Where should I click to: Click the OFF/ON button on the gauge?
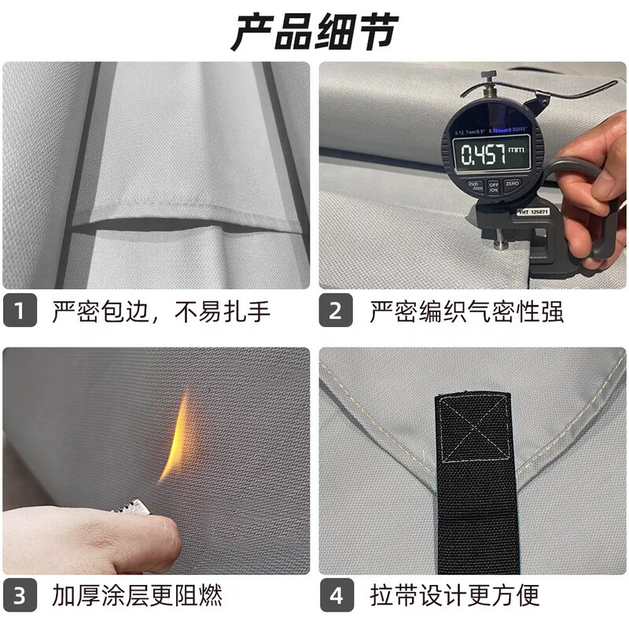(494, 187)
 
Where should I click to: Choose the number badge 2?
(336, 311)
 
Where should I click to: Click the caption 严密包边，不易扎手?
(161, 311)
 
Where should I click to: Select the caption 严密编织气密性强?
(466, 311)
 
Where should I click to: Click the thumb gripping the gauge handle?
(607, 182)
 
